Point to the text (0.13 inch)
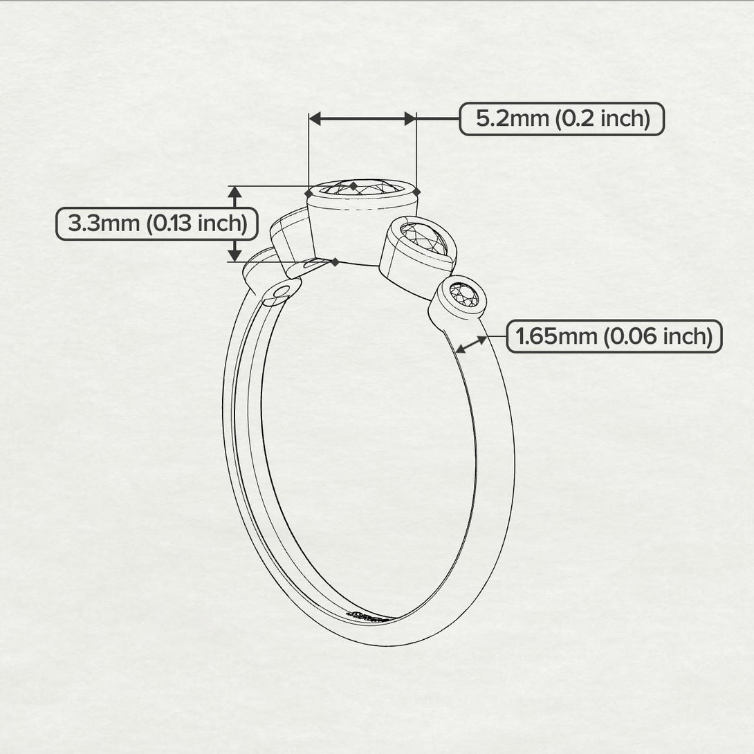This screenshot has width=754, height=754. tap(198, 224)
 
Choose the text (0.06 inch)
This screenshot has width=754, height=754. tap(657, 337)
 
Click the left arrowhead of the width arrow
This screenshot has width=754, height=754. tap(315, 119)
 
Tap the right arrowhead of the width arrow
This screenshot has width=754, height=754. tap(410, 119)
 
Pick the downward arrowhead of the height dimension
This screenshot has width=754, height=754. tap(235, 255)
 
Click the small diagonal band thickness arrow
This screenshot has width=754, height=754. tap(470, 344)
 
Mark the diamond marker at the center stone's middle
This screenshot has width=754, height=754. tap(353, 186)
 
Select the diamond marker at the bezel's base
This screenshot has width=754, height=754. tap(335, 261)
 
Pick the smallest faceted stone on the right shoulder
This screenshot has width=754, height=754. tap(464, 295)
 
